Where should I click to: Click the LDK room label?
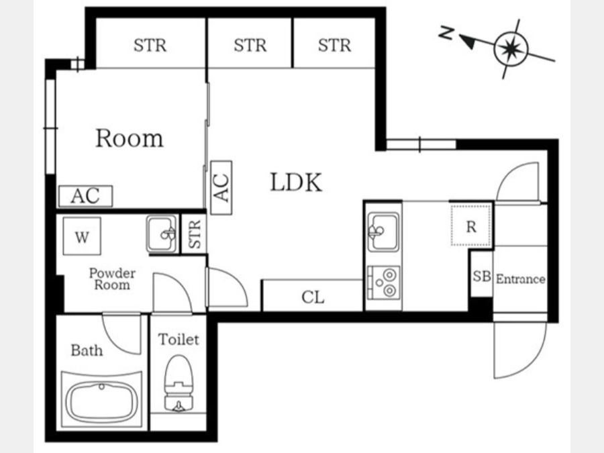click(x=296, y=182)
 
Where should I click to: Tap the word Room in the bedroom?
click(x=130, y=138)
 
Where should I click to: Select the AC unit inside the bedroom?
click(x=85, y=196)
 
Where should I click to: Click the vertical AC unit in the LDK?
click(x=221, y=188)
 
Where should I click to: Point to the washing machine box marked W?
click(x=82, y=236)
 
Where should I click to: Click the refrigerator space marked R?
click(x=470, y=225)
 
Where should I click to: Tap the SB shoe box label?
click(x=481, y=276)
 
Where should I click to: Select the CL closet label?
click(x=313, y=297)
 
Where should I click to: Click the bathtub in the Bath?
click(x=102, y=400)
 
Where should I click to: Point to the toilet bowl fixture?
click(x=179, y=383)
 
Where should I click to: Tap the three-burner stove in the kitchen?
click(x=384, y=283)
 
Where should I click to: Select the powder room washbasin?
click(x=162, y=234)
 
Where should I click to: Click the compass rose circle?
click(x=511, y=49)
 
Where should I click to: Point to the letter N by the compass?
click(x=447, y=33)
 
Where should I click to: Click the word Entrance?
click(x=520, y=279)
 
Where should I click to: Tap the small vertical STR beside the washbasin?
click(x=195, y=234)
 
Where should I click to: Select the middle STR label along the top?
click(x=250, y=46)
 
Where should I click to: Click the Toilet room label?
click(x=179, y=340)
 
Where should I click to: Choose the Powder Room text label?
click(x=112, y=279)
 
